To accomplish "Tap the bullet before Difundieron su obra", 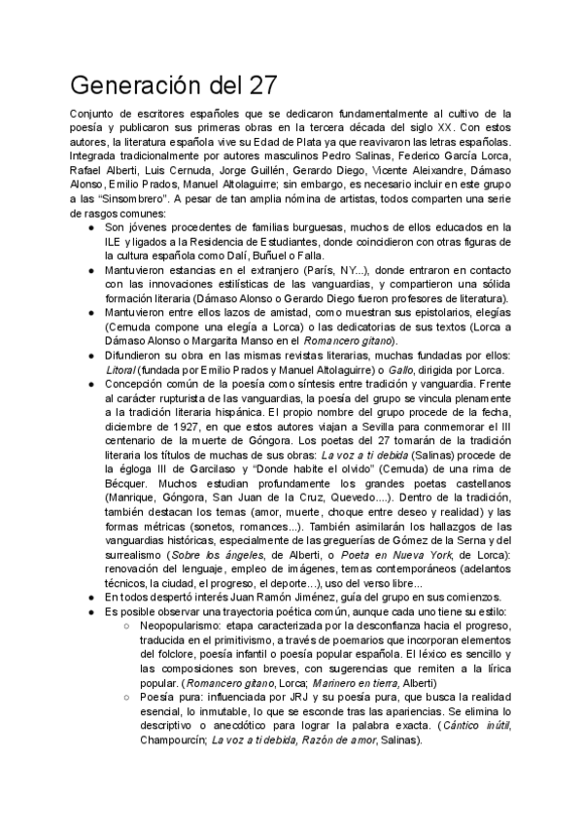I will (90, 356).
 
